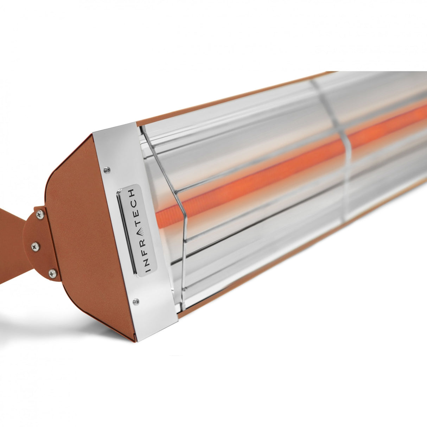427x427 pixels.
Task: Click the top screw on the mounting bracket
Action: coord(40,213)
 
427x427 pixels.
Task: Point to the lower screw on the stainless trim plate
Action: coord(136,301)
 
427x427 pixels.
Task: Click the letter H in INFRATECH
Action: coord(131,193)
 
